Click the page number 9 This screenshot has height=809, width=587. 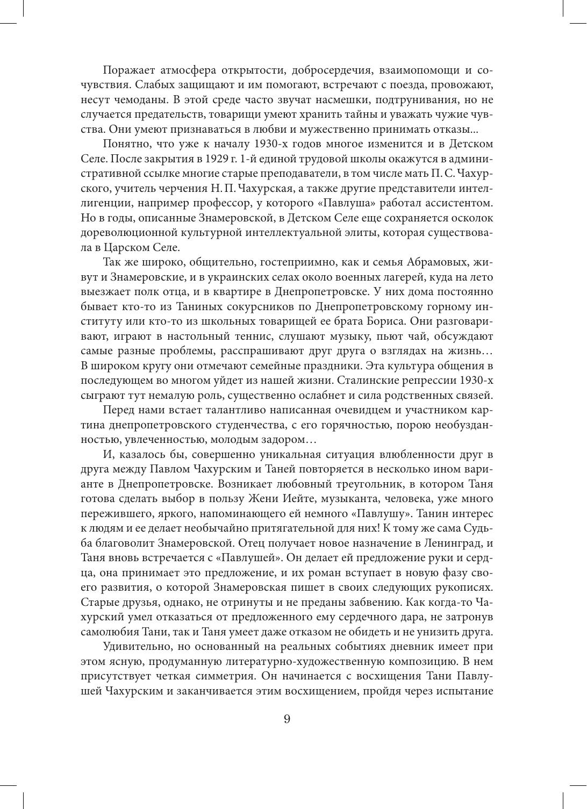coord(287,719)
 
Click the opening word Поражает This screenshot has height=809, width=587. coord(126,70)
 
